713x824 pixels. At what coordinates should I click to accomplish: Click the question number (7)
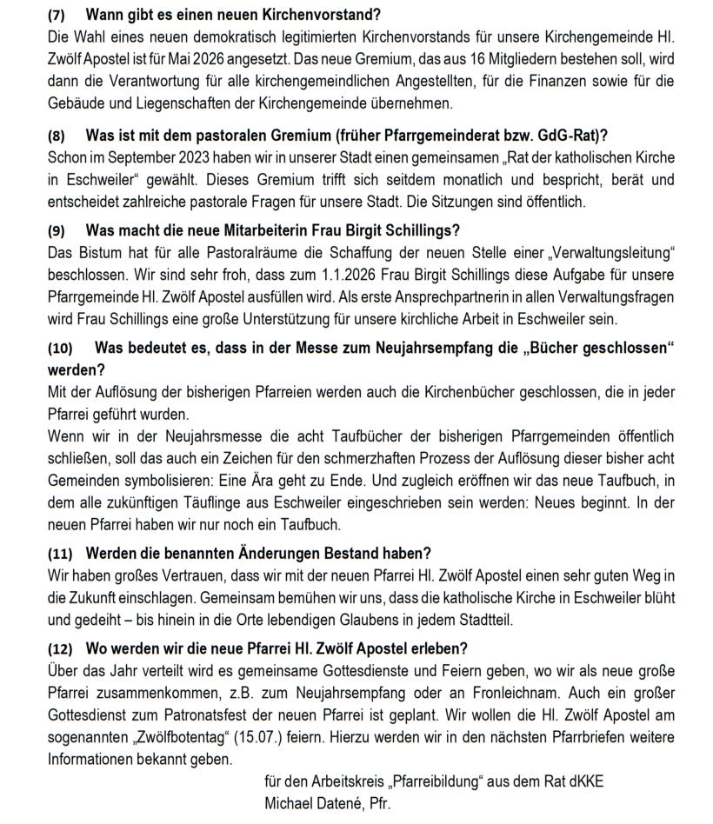pos(56,16)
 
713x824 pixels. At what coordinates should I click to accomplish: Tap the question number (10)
pos(60,349)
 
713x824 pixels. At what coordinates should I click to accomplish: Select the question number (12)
pos(60,649)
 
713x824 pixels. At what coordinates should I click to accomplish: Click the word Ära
pos(348,481)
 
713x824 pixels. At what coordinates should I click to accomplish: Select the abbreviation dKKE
pos(583,781)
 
